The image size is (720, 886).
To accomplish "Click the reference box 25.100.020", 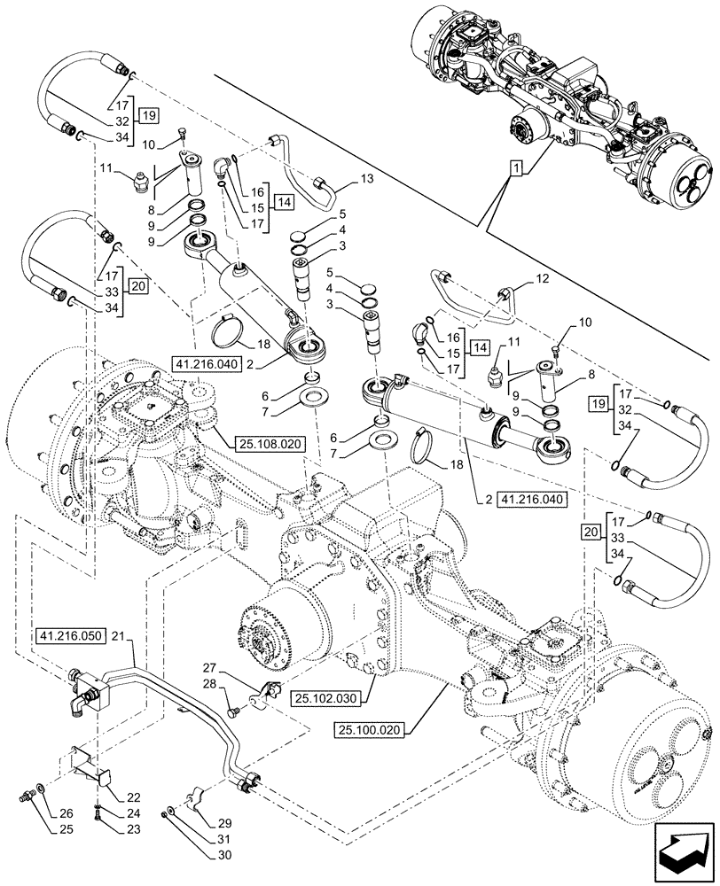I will tap(371, 729).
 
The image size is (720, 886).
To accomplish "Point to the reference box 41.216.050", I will tap(71, 636).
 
